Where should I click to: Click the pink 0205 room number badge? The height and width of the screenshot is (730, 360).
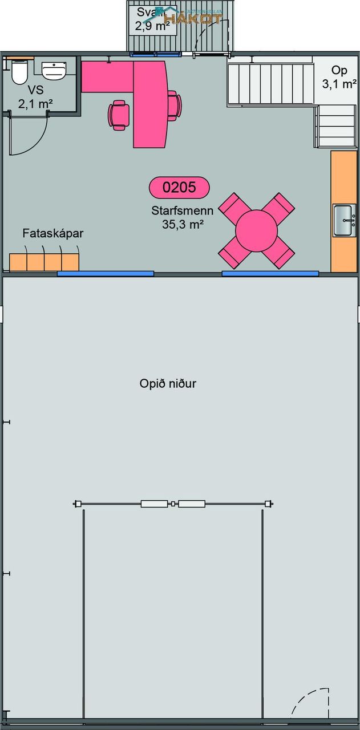[179, 187]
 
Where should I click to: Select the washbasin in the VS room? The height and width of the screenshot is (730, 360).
[54, 70]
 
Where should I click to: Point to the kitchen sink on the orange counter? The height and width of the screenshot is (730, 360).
[345, 220]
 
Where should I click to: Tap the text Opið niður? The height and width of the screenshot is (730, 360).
[168, 383]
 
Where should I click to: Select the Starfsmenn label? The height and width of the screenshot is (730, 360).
[183, 211]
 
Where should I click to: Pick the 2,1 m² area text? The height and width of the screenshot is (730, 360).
[35, 103]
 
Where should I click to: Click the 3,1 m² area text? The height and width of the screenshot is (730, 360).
[339, 84]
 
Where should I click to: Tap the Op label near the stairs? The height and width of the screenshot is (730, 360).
[339, 71]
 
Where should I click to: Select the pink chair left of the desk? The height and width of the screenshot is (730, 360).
[119, 115]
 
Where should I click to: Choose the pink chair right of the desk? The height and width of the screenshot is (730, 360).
[173, 106]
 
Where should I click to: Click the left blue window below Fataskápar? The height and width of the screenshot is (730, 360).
[106, 274]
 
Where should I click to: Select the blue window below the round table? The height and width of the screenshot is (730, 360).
[270, 274]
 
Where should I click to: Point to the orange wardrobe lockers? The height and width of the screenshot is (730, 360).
[44, 261]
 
